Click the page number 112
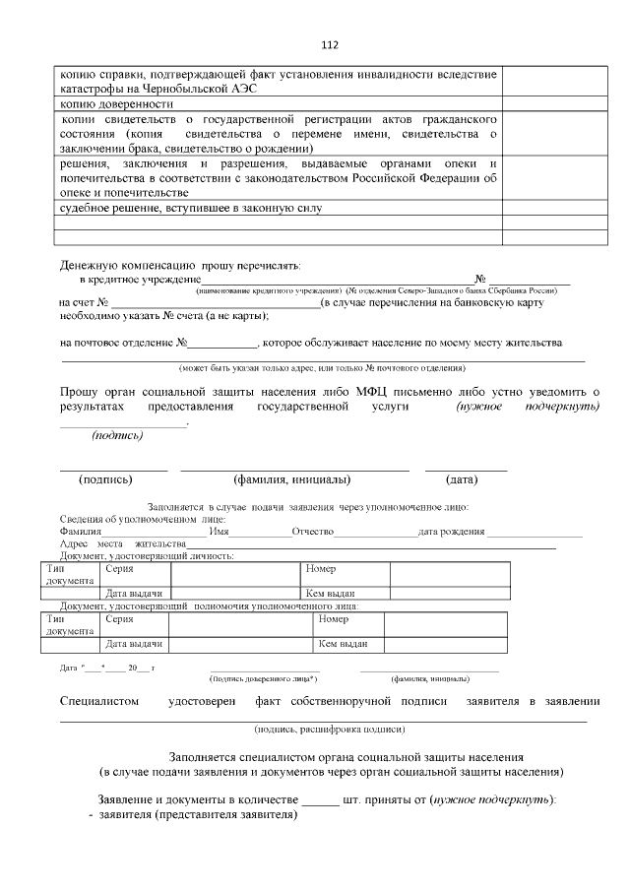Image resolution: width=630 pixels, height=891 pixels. [x=330, y=44]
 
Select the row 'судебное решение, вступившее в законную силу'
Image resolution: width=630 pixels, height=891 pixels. [x=191, y=209]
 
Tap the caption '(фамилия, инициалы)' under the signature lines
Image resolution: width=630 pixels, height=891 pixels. [x=292, y=480]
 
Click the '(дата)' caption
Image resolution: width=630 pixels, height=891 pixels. [x=462, y=480]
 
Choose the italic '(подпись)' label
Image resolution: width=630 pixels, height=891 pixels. [x=117, y=435]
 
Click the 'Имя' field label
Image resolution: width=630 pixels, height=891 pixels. [x=220, y=532]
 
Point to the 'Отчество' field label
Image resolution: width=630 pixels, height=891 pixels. [x=312, y=532]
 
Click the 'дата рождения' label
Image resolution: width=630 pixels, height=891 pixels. [x=451, y=532]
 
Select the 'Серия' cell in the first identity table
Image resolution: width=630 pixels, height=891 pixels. [x=119, y=569]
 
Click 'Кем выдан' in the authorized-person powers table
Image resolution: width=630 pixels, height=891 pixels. [x=342, y=644]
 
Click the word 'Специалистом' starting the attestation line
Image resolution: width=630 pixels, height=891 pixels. [x=99, y=701]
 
